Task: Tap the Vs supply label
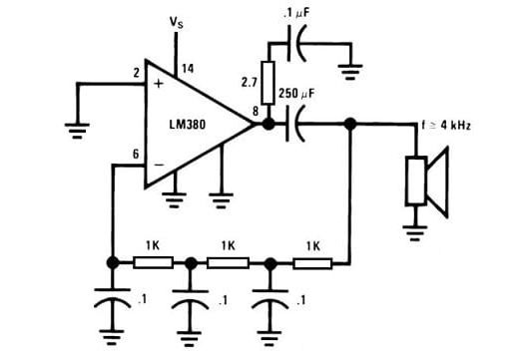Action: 178,19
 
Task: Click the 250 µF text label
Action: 296,93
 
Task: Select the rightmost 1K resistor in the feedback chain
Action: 312,263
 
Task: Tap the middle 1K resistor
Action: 229,263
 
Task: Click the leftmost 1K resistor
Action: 152,263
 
